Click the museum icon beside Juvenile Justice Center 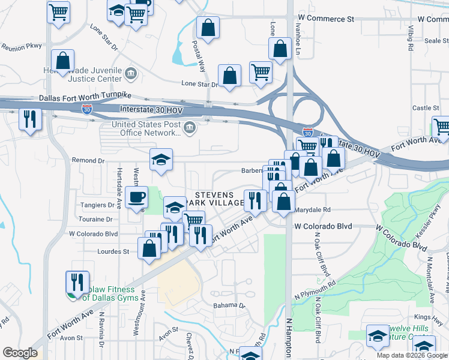(131, 74)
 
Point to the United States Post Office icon (189, 127)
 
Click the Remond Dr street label (88, 161)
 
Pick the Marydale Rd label (312, 210)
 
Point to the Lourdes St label (113, 252)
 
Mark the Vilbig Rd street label (411, 38)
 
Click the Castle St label (426, 108)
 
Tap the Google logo (20, 353)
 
